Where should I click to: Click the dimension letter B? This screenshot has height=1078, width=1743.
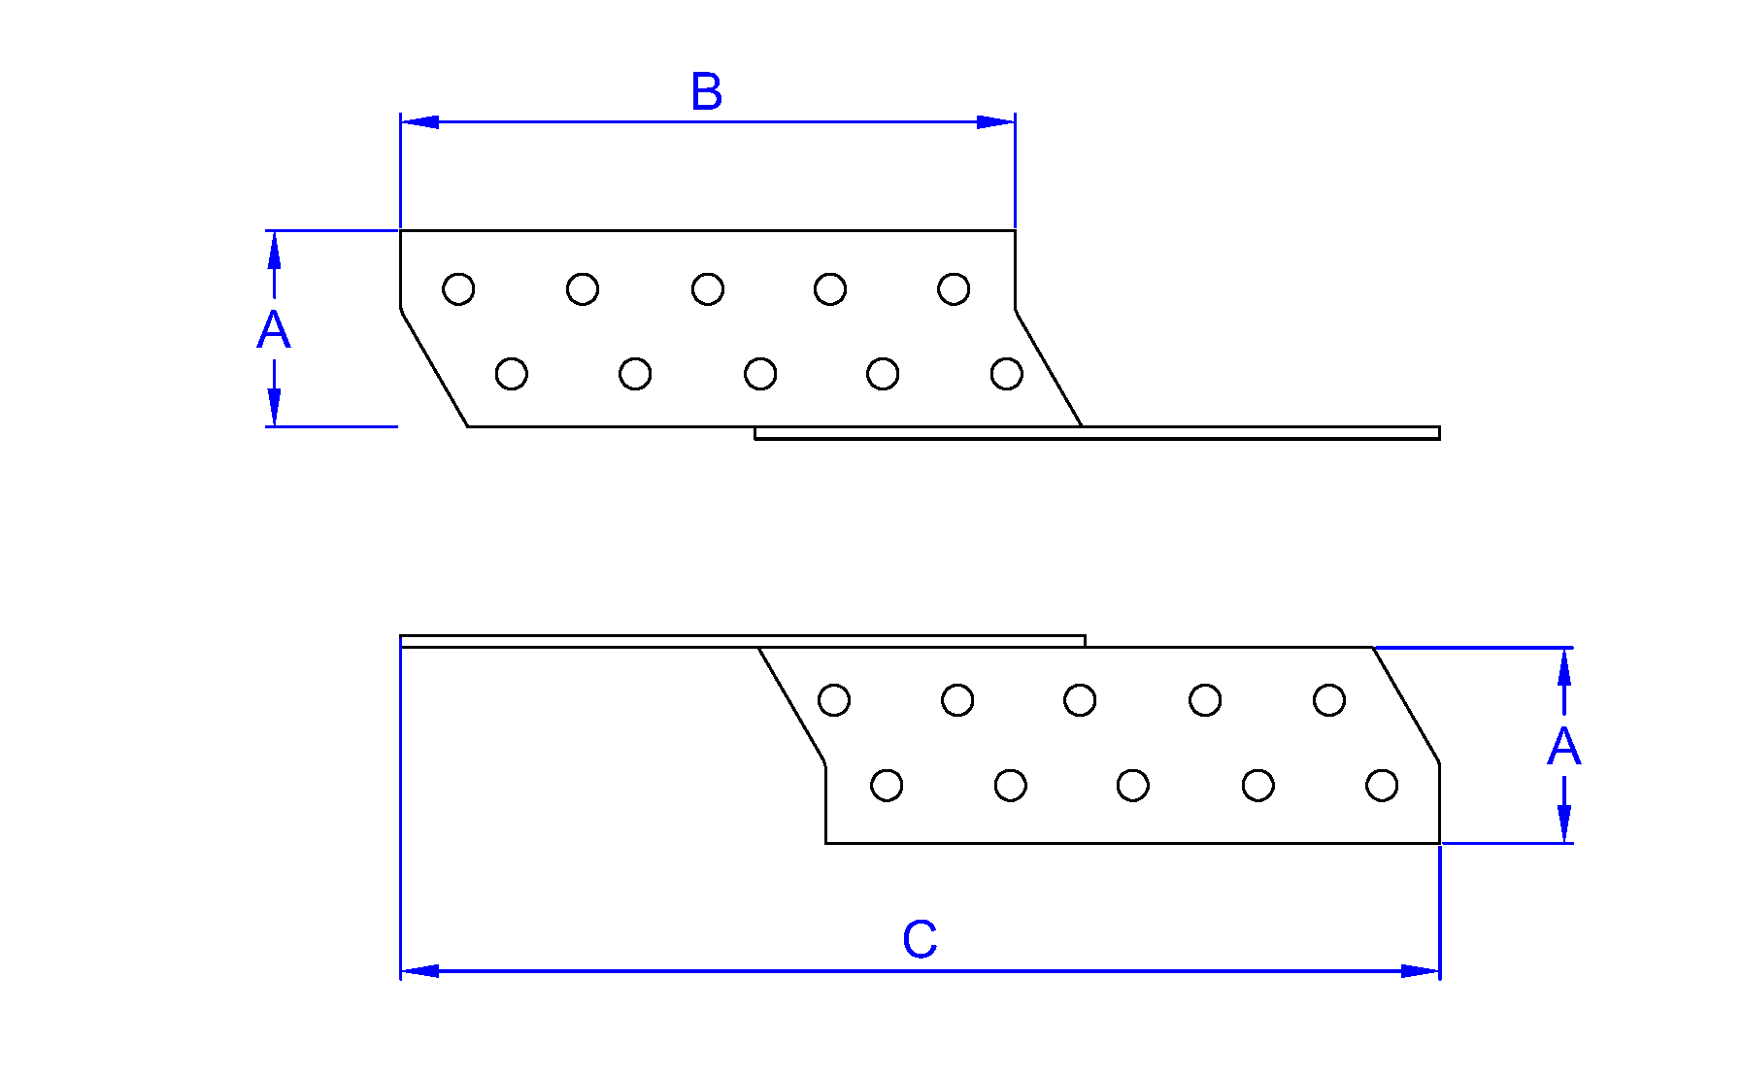click(706, 92)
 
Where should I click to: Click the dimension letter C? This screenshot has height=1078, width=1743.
click(919, 939)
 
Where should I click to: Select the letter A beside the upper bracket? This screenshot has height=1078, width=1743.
click(273, 330)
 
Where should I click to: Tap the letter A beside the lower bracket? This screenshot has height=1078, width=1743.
click(1563, 747)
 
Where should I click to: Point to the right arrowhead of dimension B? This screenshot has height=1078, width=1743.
click(995, 122)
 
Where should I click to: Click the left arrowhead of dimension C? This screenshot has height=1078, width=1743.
click(419, 970)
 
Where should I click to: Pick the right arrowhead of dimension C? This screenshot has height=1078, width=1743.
click(1421, 970)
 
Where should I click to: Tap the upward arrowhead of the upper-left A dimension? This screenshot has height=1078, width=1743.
click(275, 250)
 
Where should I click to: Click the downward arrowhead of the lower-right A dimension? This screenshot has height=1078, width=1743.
click(1563, 824)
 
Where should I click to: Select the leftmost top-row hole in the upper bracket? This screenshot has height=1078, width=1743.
click(458, 289)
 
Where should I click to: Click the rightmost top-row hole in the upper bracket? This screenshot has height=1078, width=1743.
click(954, 289)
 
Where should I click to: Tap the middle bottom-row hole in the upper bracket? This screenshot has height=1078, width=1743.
click(760, 374)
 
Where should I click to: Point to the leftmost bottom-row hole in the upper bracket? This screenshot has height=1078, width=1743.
click(512, 374)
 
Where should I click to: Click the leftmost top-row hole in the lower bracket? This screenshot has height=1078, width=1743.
click(834, 700)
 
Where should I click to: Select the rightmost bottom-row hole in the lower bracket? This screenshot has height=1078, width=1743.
click(1382, 785)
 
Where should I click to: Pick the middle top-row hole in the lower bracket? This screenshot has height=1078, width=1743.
click(1080, 700)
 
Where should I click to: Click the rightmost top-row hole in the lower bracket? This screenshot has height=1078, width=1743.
click(1329, 700)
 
